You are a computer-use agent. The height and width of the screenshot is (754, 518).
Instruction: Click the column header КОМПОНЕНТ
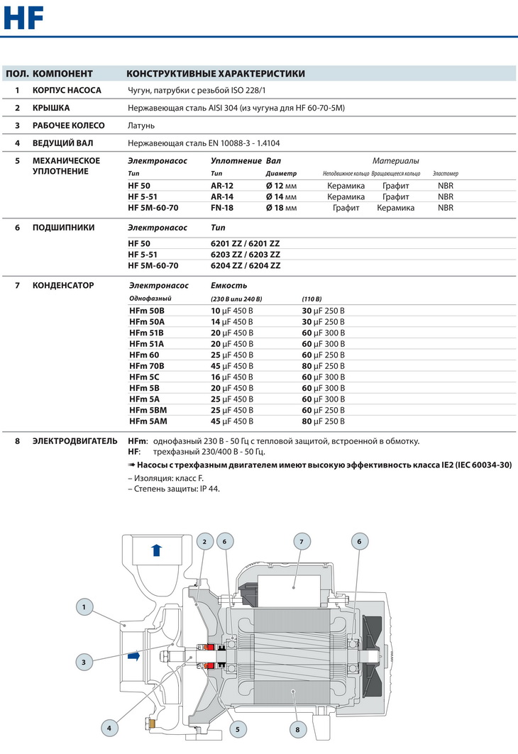click(x=62, y=73)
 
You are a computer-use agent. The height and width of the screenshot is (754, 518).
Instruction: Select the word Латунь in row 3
click(x=141, y=126)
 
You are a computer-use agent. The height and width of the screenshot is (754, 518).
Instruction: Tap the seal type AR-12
click(x=222, y=185)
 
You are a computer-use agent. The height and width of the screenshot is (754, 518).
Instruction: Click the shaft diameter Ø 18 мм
click(x=280, y=208)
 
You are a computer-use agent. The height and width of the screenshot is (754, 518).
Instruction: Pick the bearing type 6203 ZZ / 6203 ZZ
click(x=246, y=254)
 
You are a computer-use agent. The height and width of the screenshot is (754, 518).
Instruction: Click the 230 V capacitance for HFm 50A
click(x=232, y=321)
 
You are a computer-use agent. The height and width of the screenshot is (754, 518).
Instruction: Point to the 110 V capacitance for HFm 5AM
click(x=324, y=421)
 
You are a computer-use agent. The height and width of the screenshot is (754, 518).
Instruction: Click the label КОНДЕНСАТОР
click(x=63, y=285)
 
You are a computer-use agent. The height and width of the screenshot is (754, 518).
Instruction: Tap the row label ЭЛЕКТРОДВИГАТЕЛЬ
click(x=75, y=440)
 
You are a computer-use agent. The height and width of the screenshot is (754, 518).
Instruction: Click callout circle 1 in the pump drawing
click(x=84, y=606)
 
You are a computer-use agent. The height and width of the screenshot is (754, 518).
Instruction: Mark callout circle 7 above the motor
click(x=301, y=542)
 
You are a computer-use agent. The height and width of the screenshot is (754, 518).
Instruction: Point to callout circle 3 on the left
click(x=84, y=662)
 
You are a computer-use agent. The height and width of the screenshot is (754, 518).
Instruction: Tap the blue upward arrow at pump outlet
click(x=158, y=549)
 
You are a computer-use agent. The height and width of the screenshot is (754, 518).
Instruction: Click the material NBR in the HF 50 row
click(x=446, y=185)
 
